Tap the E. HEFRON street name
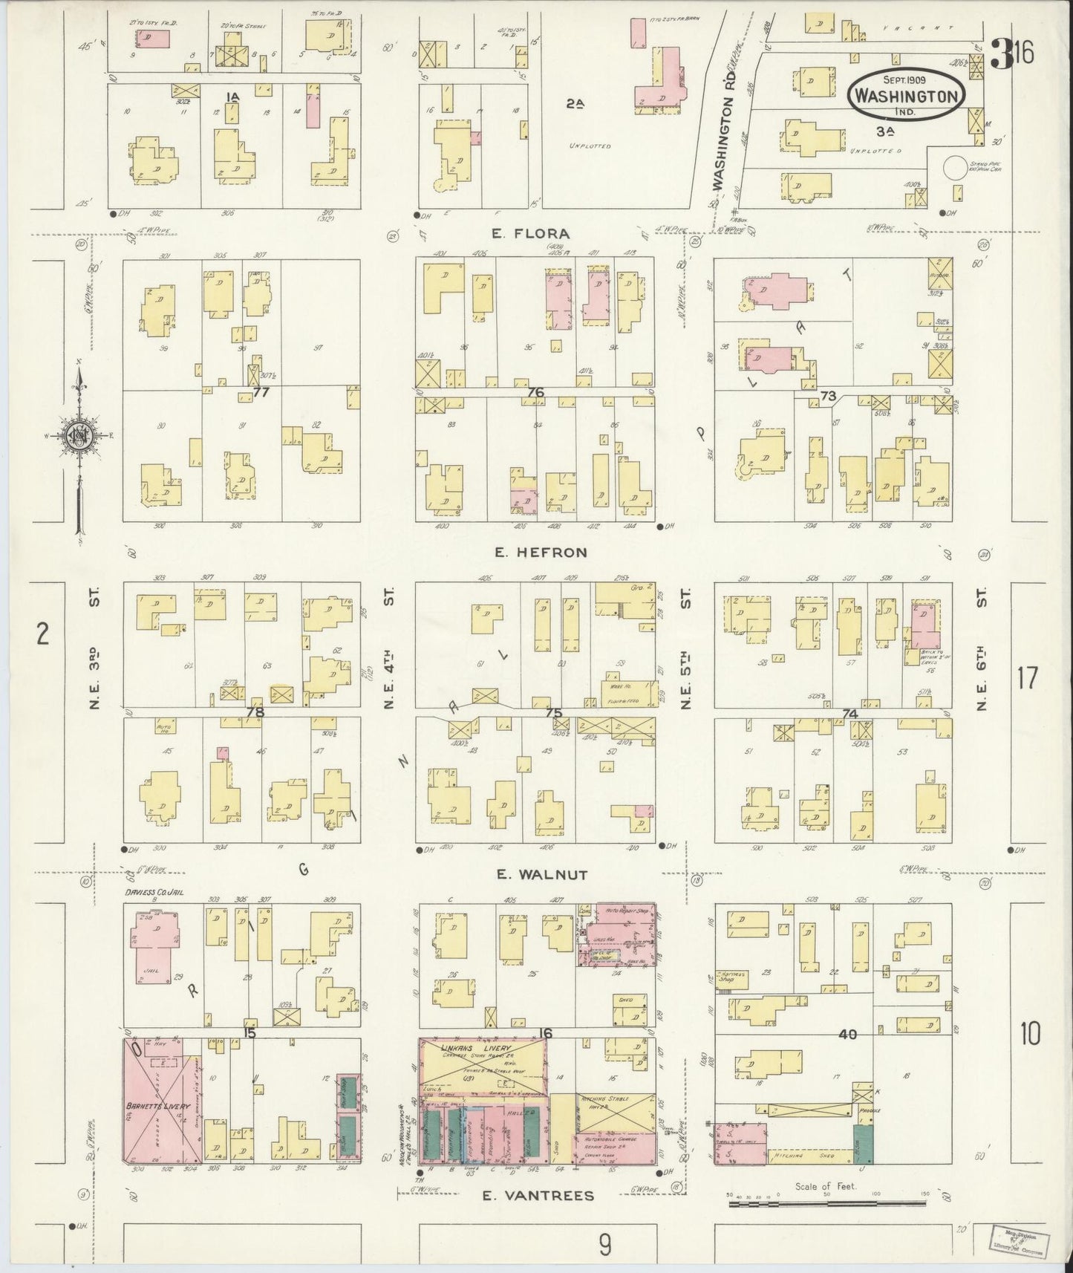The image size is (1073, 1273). (540, 552)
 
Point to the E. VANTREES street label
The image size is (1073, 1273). (538, 1195)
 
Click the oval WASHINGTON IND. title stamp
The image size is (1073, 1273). (908, 94)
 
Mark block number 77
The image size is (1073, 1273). (260, 392)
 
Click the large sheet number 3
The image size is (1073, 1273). (1002, 54)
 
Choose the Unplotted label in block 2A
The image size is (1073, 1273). (590, 146)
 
